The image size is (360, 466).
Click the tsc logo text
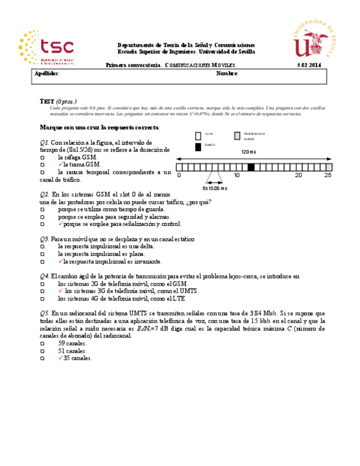pyautogui.click(x=58, y=46)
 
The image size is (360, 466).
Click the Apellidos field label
pyautogui.click(x=47, y=74)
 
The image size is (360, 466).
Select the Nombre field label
pyautogui.click(x=227, y=74)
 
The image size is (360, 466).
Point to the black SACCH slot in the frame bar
pyautogui.click(x=251, y=168)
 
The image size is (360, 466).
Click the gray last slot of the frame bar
pyautogui.click(x=329, y=168)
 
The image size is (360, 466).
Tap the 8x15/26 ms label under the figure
pyautogui.click(x=214, y=187)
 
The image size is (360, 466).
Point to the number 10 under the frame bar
pyautogui.click(x=236, y=175)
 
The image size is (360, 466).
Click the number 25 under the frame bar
pyautogui.click(x=328, y=175)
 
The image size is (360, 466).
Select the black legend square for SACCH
pyautogui.click(x=198, y=147)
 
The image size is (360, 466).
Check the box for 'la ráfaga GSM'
pyautogui.click(x=42, y=157)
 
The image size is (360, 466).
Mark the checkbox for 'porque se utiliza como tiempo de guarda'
pyautogui.click(x=42, y=209)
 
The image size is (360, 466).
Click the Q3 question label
pyautogui.click(x=45, y=239)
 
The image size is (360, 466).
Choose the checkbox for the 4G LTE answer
pyautogui.click(x=42, y=299)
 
